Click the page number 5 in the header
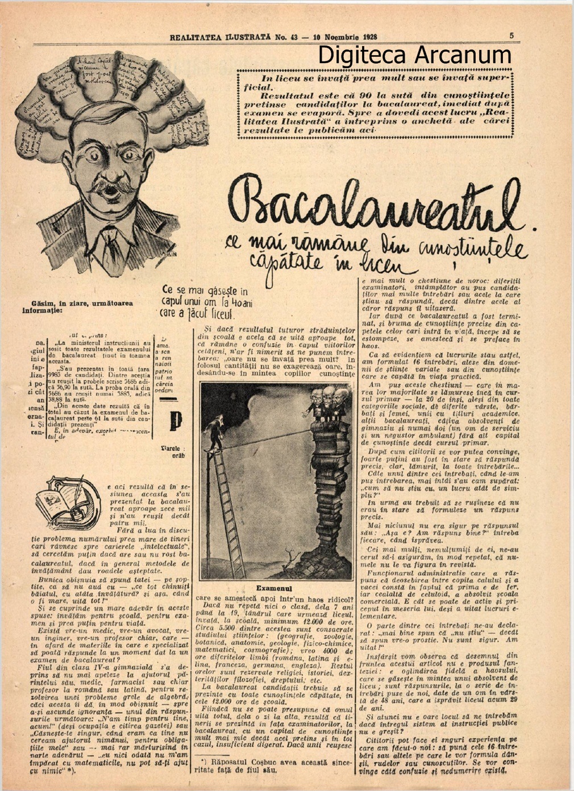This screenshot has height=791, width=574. pos(511,36)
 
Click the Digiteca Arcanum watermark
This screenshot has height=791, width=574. pos(414,55)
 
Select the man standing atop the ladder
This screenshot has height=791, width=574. pos(216,432)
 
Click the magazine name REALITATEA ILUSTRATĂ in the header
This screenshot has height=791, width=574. pos(219,37)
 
